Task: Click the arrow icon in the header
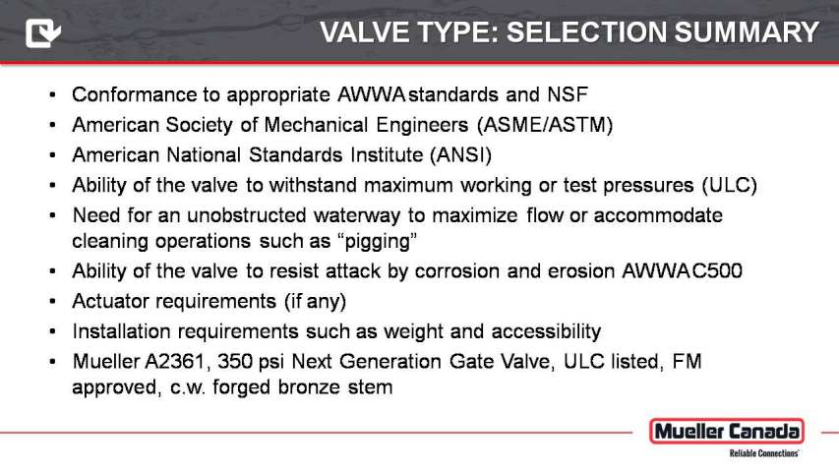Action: pyautogui.click(x=43, y=32)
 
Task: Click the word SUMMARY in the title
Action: pyautogui.click(x=747, y=32)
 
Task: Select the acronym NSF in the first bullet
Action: pyautogui.click(x=568, y=94)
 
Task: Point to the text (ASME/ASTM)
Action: pyautogui.click(x=545, y=125)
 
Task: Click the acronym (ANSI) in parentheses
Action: pyautogui.click(x=460, y=155)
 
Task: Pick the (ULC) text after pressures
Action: pyautogui.click(x=729, y=185)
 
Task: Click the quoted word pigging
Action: pyautogui.click(x=378, y=241)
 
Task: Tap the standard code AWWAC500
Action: pyautogui.click(x=682, y=271)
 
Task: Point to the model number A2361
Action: pyautogui.click(x=175, y=362)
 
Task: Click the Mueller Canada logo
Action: pyautogui.click(x=727, y=432)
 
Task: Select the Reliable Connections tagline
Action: pyautogui.click(x=763, y=453)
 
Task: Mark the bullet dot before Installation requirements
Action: pyautogui.click(x=52, y=331)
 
